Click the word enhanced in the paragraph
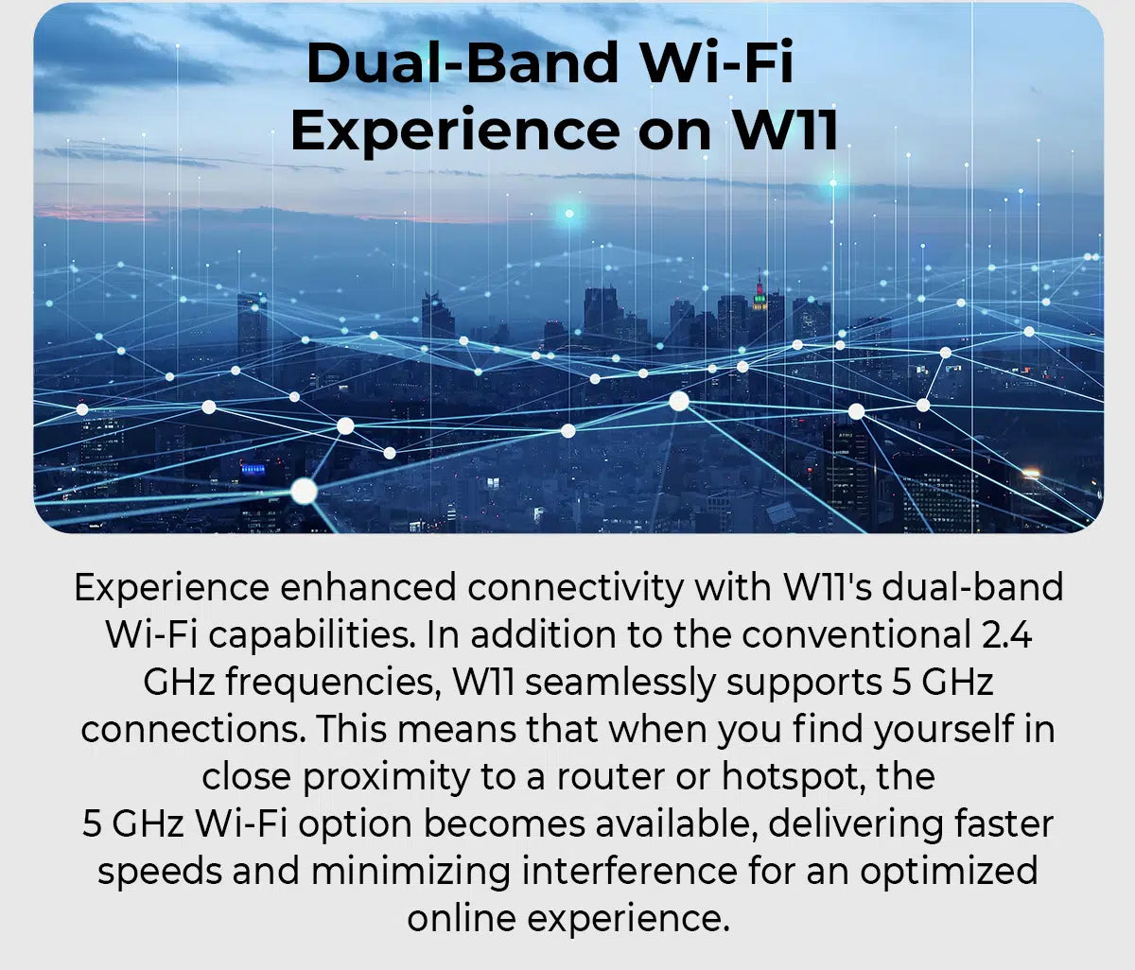[x=368, y=587]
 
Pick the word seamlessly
[x=620, y=684]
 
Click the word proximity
[x=386, y=778]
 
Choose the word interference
[x=629, y=871]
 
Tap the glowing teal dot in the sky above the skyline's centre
[x=569, y=214]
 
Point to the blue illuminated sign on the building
[x=253, y=469]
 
